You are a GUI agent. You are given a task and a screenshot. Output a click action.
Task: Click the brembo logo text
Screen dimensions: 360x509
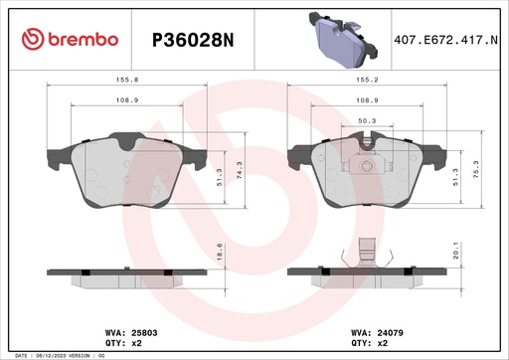(70, 40)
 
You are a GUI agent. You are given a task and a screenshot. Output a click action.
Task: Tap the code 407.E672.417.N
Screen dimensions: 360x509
(445, 40)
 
